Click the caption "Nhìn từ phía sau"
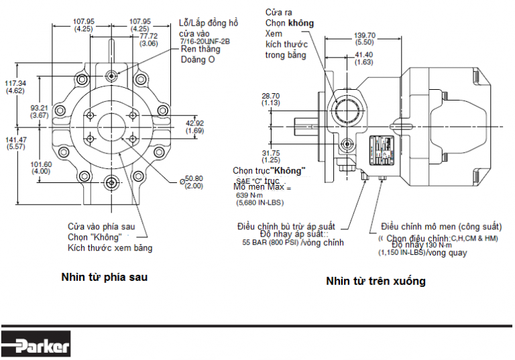[104, 276]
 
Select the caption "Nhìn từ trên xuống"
[376, 281]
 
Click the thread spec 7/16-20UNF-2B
[205, 42]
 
